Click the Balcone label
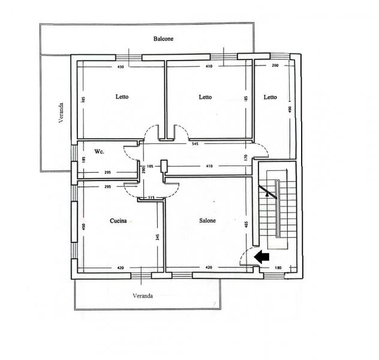163,38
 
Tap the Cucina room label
118,221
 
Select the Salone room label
207,220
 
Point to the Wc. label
99,152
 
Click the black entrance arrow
262,257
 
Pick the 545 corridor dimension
195,144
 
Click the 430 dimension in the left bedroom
121,67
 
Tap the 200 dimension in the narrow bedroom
275,65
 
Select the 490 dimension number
290,109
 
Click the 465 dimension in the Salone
246,224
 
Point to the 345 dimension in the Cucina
158,236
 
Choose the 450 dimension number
83,227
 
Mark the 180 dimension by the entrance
278,268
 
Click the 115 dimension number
151,197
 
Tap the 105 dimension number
150,166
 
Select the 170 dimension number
246,158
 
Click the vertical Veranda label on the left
61,113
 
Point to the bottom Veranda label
143,296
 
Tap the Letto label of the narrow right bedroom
270,97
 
